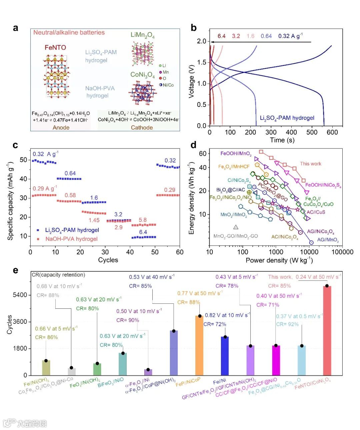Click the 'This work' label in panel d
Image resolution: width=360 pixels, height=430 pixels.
(310, 164)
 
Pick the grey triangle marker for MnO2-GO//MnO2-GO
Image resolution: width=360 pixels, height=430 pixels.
(236, 227)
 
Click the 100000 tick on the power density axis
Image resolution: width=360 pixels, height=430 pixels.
(342, 252)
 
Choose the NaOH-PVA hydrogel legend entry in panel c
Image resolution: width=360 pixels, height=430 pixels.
(67, 239)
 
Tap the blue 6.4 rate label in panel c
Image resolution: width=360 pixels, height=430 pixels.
(143, 232)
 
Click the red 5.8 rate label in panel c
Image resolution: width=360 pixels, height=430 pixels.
(143, 220)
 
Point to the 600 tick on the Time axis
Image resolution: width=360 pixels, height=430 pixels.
(332, 132)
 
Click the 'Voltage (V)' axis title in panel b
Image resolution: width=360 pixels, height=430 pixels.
(191, 82)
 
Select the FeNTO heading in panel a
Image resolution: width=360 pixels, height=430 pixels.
(55, 48)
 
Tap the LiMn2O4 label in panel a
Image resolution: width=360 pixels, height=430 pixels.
(142, 35)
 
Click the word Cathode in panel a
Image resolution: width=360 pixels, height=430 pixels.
(142, 128)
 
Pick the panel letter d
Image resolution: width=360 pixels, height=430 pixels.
(193, 145)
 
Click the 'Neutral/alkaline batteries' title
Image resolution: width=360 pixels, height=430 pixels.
(69, 33)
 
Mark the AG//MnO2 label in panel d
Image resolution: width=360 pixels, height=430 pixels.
(328, 240)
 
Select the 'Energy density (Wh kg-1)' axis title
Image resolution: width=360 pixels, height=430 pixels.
(191, 198)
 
